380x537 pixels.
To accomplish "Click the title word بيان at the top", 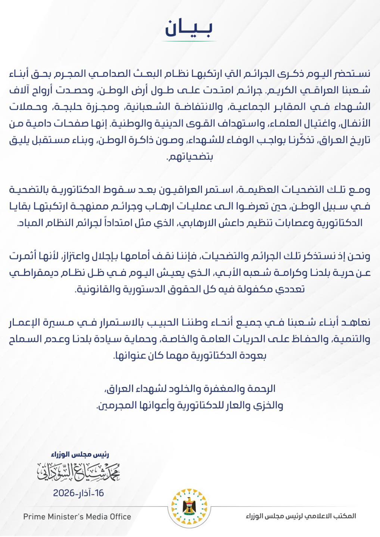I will (x=189, y=28).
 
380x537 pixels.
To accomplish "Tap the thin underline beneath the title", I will (x=189, y=41).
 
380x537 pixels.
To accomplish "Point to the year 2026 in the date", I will (x=64, y=493).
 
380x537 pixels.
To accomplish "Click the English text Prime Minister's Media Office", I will (x=77, y=517).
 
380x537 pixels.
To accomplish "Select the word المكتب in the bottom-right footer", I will (x=345, y=516).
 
